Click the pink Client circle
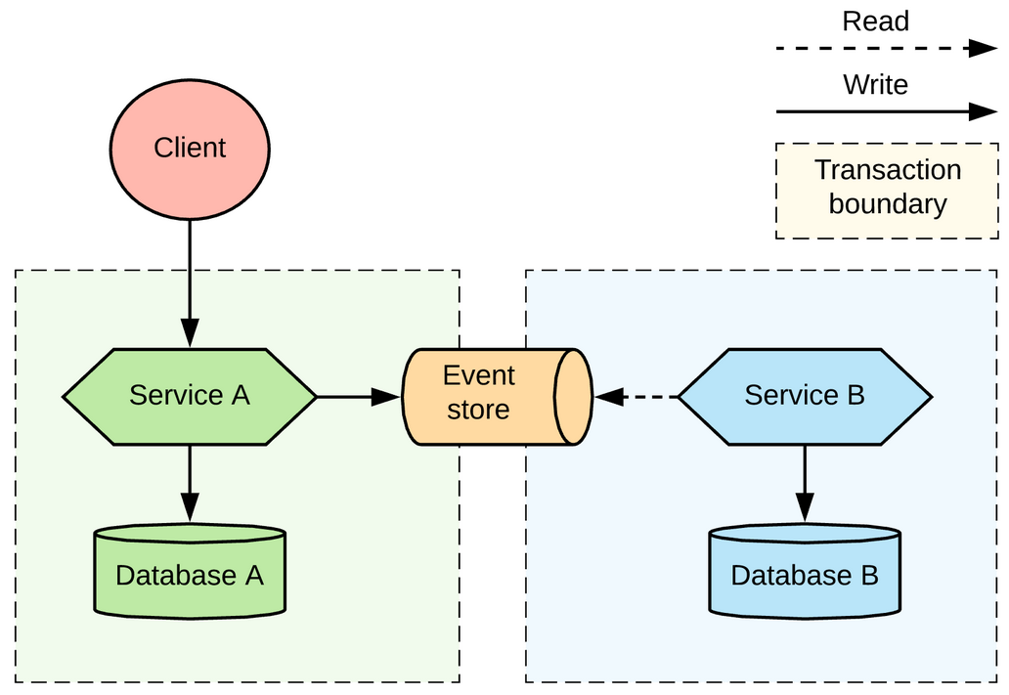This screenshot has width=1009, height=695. (190, 149)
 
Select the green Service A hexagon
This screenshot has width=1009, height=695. (190, 396)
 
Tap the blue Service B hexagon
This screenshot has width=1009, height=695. (805, 396)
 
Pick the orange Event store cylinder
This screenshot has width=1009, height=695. (489, 396)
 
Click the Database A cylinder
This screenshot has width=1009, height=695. (190, 574)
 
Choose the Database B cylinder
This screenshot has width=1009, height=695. (805, 574)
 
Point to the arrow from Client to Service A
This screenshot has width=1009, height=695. (190, 283)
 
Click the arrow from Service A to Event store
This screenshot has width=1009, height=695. (358, 396)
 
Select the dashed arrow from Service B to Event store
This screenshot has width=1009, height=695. (637, 396)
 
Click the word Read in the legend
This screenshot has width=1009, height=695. (875, 22)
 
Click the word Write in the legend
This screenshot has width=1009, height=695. (875, 85)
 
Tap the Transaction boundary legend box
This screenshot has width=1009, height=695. (887, 191)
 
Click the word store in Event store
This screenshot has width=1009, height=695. (478, 410)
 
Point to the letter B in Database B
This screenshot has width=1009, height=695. (868, 575)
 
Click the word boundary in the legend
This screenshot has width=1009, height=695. (888, 204)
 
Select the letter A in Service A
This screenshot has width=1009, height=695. (240, 395)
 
